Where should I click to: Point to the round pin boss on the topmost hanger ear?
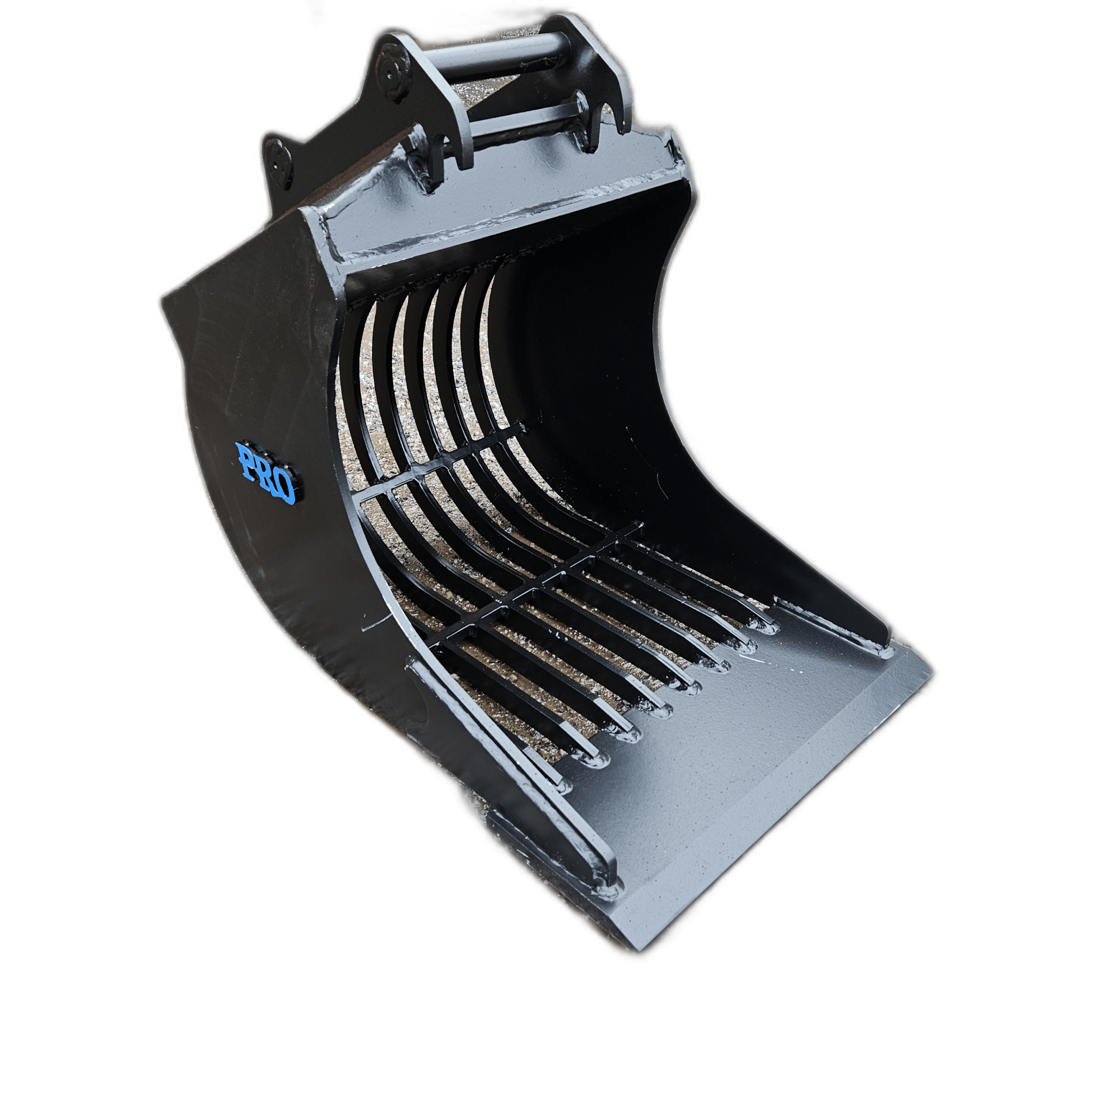[x=393, y=71]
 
